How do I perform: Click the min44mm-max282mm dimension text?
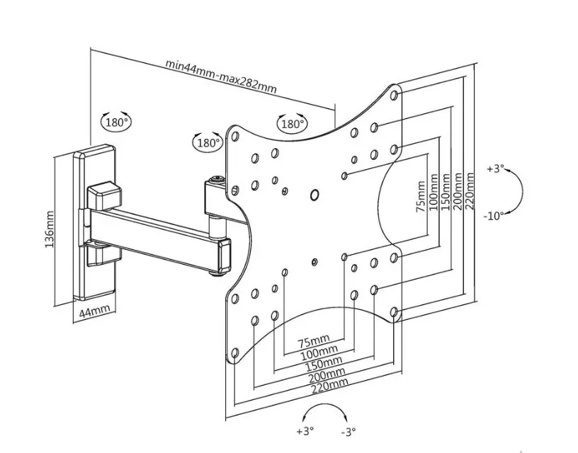tap(221, 76)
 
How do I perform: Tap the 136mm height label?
tap(50, 229)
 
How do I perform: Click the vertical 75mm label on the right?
tap(421, 196)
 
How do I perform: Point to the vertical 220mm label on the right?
tap(470, 191)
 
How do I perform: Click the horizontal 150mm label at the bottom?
tap(324, 363)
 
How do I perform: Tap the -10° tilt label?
tap(493, 216)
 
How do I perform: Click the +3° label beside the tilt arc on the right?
tap(494, 169)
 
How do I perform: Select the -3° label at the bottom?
tap(348, 431)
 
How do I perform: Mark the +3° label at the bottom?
tap(305, 430)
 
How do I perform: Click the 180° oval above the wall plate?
tap(116, 122)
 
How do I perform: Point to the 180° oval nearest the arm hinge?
tap(208, 142)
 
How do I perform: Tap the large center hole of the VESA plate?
tap(314, 195)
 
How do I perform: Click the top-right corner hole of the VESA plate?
tap(394, 95)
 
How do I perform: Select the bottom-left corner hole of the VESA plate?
tap(235, 353)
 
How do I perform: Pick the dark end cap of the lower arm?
tap(224, 257)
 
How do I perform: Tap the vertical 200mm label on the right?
tap(458, 191)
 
